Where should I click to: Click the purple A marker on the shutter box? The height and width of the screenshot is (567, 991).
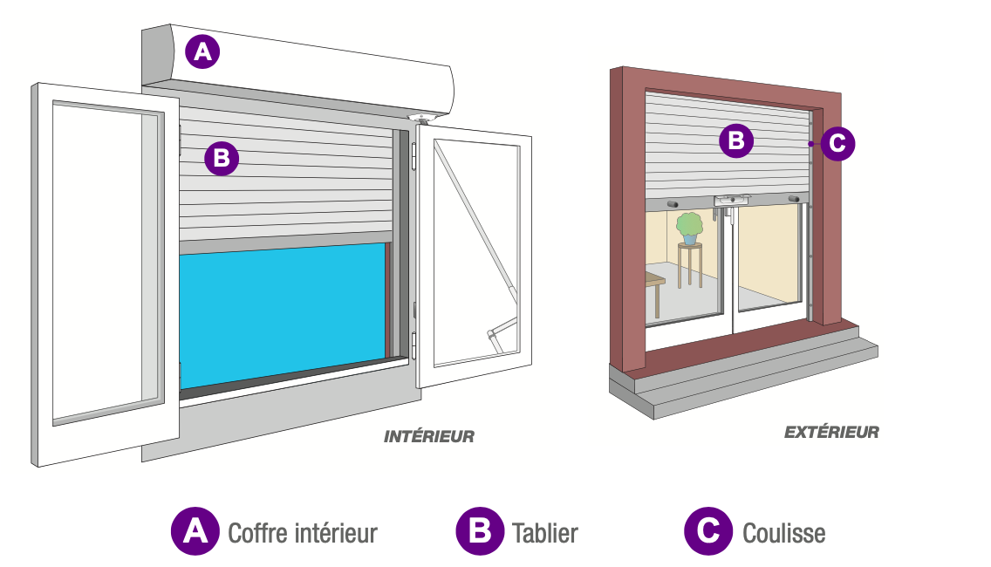(202, 53)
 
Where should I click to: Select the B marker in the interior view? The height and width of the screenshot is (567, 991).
(221, 158)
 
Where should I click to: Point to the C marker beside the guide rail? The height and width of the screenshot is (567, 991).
(837, 143)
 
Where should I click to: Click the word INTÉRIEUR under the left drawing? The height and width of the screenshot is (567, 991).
(429, 436)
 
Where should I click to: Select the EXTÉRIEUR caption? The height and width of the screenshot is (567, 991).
(831, 432)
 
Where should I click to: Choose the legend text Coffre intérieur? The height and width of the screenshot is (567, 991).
(302, 532)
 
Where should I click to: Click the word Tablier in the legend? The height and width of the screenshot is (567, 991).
(545, 532)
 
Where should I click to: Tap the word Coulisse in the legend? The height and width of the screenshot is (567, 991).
(783, 532)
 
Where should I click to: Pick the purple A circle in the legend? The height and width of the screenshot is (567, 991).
(195, 531)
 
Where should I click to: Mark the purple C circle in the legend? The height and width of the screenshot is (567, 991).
(707, 531)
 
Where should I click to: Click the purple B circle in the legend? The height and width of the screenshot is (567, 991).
(480, 531)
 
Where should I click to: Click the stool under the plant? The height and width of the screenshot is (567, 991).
(690, 265)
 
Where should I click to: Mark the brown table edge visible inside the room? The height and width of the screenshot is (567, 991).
(655, 281)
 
